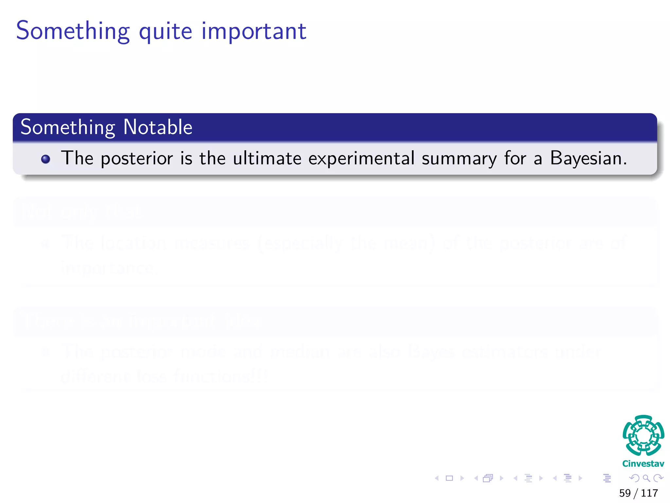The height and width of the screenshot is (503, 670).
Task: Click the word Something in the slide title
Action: [x=73, y=31]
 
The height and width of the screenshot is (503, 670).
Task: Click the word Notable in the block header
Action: [x=158, y=127]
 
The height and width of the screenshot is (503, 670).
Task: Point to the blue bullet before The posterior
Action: [x=45, y=159]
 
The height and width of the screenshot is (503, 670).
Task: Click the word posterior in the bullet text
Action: [x=136, y=158]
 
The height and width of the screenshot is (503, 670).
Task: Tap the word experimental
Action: [x=361, y=158]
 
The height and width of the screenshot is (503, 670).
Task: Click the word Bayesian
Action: [x=588, y=158]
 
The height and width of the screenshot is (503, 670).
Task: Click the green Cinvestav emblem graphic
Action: [x=643, y=435]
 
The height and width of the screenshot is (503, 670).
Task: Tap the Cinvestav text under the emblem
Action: [x=643, y=464]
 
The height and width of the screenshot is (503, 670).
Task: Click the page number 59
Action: [x=625, y=493]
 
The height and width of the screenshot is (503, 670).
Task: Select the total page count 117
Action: [x=649, y=493]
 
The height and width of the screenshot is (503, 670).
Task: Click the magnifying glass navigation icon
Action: [x=646, y=478]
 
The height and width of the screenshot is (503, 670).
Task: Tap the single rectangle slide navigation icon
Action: [x=449, y=478]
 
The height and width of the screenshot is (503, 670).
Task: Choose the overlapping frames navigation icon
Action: [x=488, y=478]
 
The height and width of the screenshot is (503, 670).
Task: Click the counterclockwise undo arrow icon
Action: [x=634, y=478]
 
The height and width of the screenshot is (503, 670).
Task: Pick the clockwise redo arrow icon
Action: [x=658, y=478]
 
